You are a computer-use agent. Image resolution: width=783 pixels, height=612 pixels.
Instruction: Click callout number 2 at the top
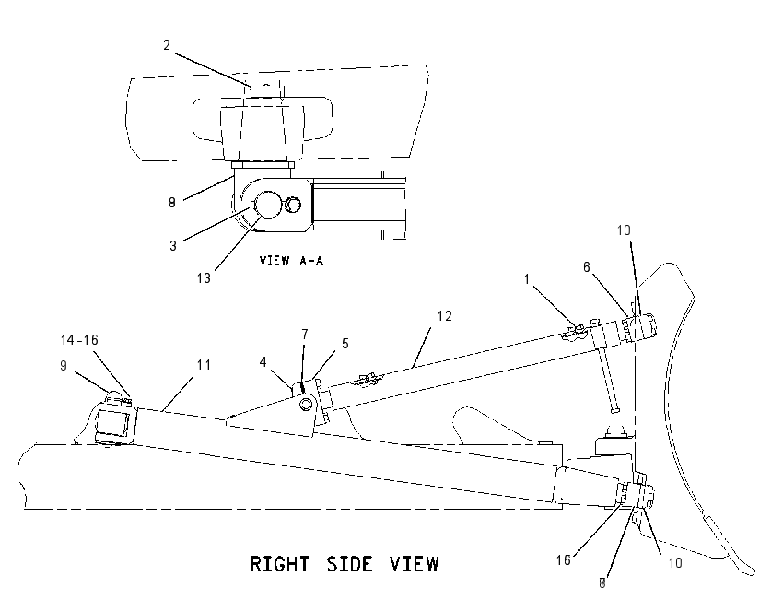[167, 45]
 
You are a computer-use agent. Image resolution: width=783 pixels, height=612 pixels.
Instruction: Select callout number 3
[173, 246]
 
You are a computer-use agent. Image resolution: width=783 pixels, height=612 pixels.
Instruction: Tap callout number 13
[204, 278]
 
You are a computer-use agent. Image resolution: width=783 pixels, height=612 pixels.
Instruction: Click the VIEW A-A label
[291, 260]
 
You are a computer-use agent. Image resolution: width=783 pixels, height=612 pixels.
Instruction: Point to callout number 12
[444, 316]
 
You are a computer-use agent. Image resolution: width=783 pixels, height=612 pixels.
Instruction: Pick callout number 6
[587, 267]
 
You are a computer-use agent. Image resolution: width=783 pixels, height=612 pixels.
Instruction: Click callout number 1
[526, 278]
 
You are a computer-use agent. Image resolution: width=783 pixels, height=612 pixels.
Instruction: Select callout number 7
[305, 335]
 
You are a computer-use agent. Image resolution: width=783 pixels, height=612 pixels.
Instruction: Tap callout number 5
[345, 344]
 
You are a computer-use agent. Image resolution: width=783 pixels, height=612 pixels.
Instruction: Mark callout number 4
[263, 361]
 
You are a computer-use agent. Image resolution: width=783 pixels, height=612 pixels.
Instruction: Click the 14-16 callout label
[79, 340]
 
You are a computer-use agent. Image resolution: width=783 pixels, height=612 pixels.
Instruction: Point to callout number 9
[64, 366]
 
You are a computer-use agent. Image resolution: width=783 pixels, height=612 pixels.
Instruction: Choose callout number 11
[204, 365]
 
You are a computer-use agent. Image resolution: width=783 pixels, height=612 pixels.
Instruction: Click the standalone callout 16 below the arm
[563, 560]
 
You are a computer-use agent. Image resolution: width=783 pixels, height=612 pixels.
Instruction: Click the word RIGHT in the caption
[280, 564]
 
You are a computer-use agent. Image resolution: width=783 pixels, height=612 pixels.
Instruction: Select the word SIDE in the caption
[349, 564]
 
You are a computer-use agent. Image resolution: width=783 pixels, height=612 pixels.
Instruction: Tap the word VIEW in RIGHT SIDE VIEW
[415, 564]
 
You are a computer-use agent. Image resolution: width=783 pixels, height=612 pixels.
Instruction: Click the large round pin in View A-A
[269, 205]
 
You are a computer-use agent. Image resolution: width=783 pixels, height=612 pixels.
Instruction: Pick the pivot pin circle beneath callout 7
[306, 404]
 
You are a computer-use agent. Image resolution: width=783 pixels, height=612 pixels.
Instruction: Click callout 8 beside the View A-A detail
[172, 203]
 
